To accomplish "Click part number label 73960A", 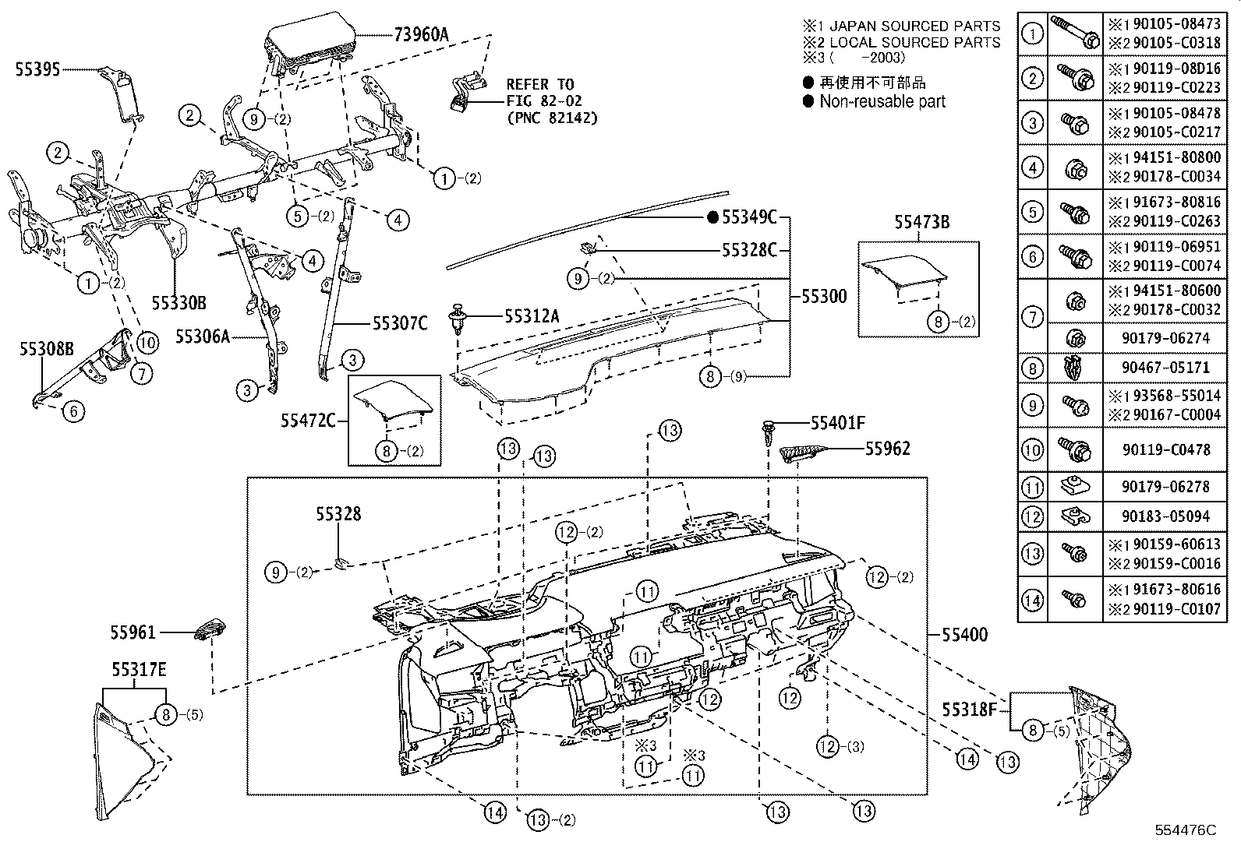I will (422, 33).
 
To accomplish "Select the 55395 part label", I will (37, 69).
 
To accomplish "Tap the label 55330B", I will (179, 301).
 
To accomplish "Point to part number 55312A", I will (532, 315).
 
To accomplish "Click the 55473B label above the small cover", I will (921, 223).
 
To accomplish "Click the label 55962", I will (887, 449).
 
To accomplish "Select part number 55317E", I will (139, 670).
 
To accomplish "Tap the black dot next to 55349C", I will (712, 217).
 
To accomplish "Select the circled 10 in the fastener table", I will (1032, 449).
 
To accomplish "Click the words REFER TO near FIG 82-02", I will (539, 84).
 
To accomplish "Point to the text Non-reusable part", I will (882, 101).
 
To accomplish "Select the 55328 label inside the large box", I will (338, 514).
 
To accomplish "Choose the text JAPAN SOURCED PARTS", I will (914, 26).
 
